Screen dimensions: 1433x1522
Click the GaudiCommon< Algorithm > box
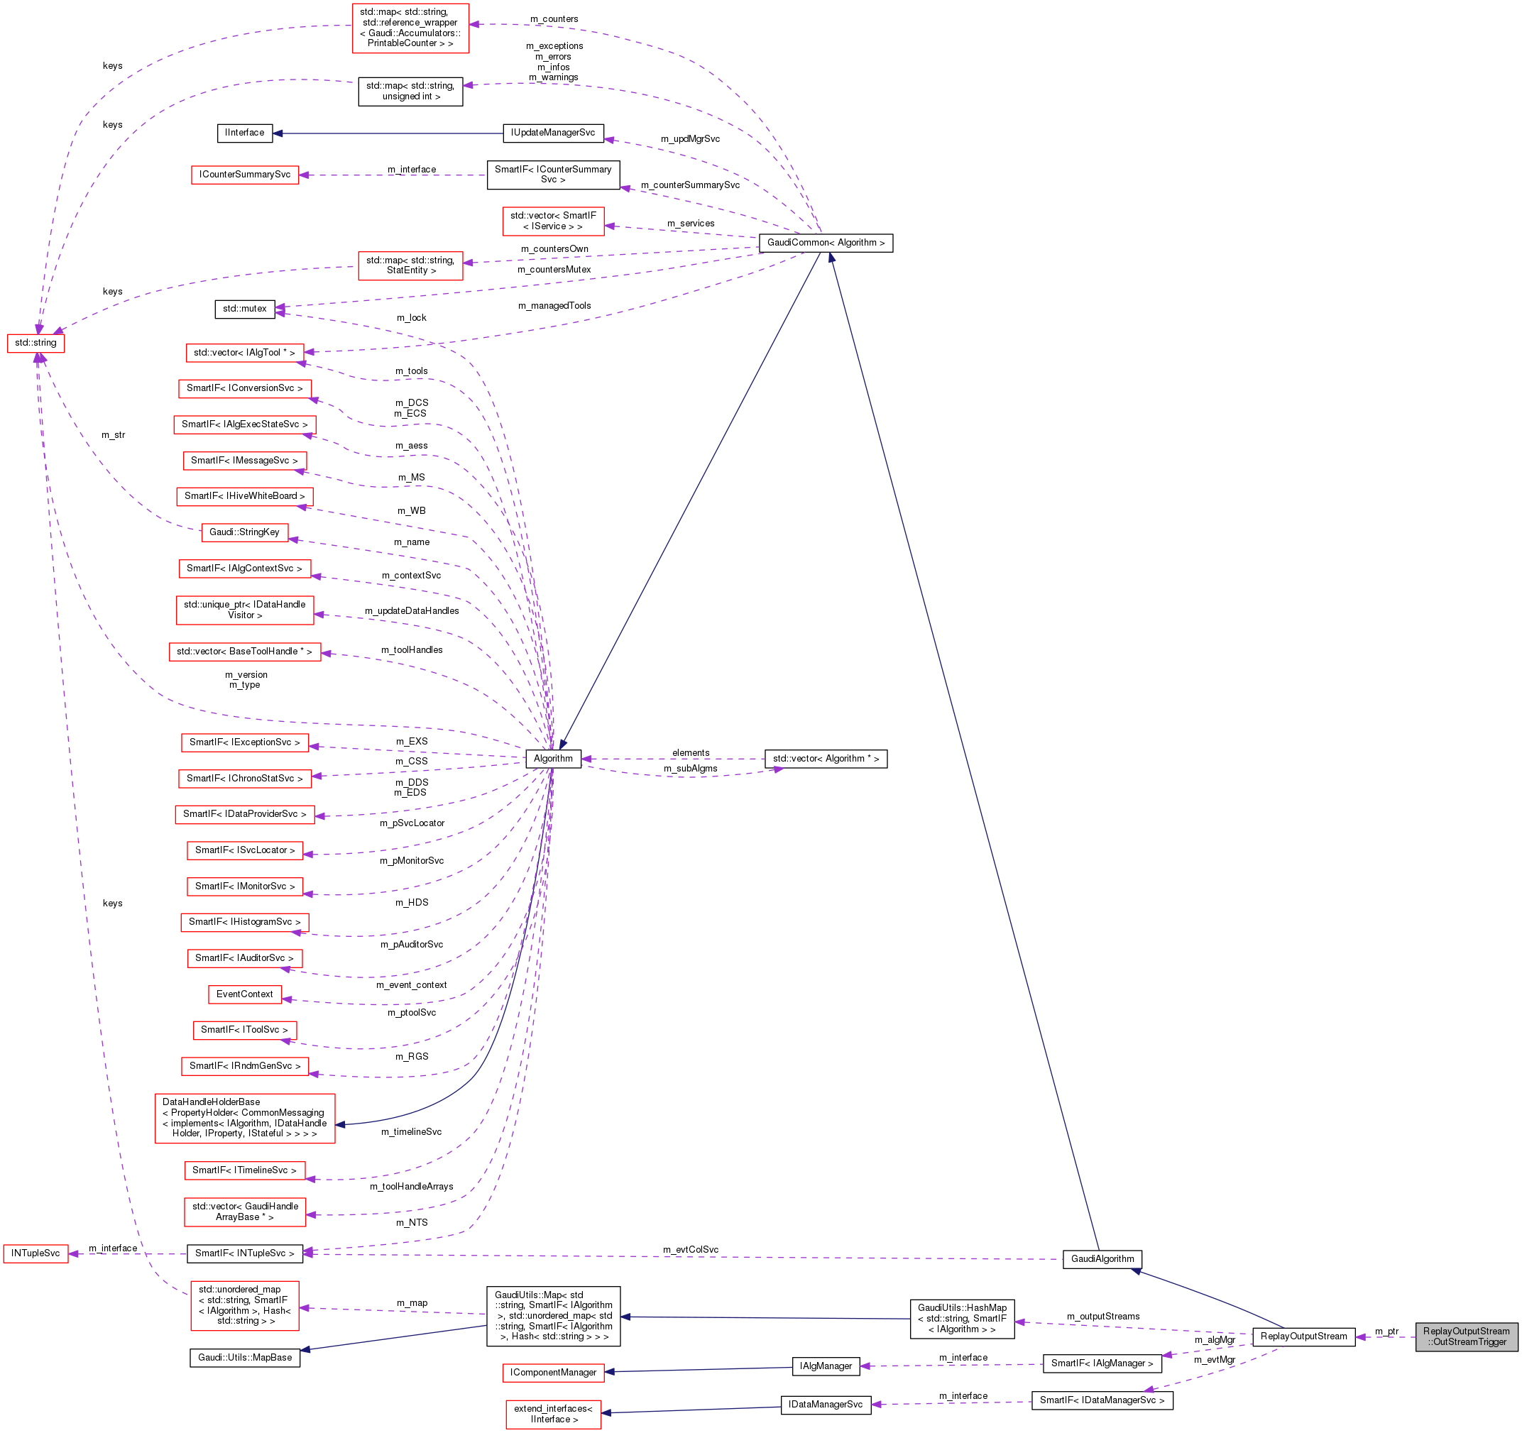pos(826,243)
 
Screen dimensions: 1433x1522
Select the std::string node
pos(35,343)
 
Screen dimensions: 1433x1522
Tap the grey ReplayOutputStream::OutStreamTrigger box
pos(1465,1336)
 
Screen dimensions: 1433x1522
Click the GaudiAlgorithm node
pos(1102,1259)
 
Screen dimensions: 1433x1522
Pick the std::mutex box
pos(244,309)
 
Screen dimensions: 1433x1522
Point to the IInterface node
pos(244,133)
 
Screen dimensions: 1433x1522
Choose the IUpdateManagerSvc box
pos(553,133)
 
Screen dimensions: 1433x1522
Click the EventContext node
pos(244,994)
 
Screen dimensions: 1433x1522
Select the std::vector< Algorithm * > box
pos(826,759)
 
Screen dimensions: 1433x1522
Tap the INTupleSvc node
pos(35,1253)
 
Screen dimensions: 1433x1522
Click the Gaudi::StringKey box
pos(244,532)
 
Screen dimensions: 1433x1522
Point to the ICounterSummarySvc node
pos(244,175)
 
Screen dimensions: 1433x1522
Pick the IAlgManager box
pos(826,1366)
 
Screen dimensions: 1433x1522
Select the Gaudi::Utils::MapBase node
pos(244,1358)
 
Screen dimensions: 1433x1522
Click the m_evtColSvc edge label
pos(690,1250)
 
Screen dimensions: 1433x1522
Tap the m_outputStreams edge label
pos(1102,1317)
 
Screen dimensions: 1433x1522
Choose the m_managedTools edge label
pos(554,306)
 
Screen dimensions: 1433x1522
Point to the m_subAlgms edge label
pos(690,769)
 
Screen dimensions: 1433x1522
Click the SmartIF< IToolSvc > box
pos(244,1031)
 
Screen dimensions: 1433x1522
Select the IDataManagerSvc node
pos(826,1405)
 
